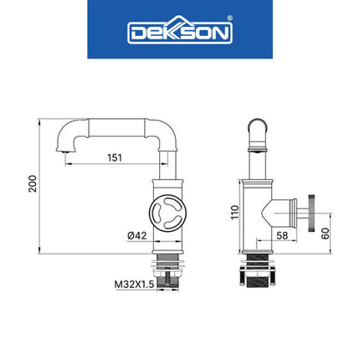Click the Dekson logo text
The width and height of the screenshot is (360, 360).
pos(179,33)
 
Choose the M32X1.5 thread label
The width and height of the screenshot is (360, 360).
pos(133,284)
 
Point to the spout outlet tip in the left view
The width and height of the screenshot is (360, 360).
pos(64,150)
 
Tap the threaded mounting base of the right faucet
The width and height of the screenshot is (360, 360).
pos(257,273)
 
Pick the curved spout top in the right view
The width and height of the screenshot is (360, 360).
pos(257,128)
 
